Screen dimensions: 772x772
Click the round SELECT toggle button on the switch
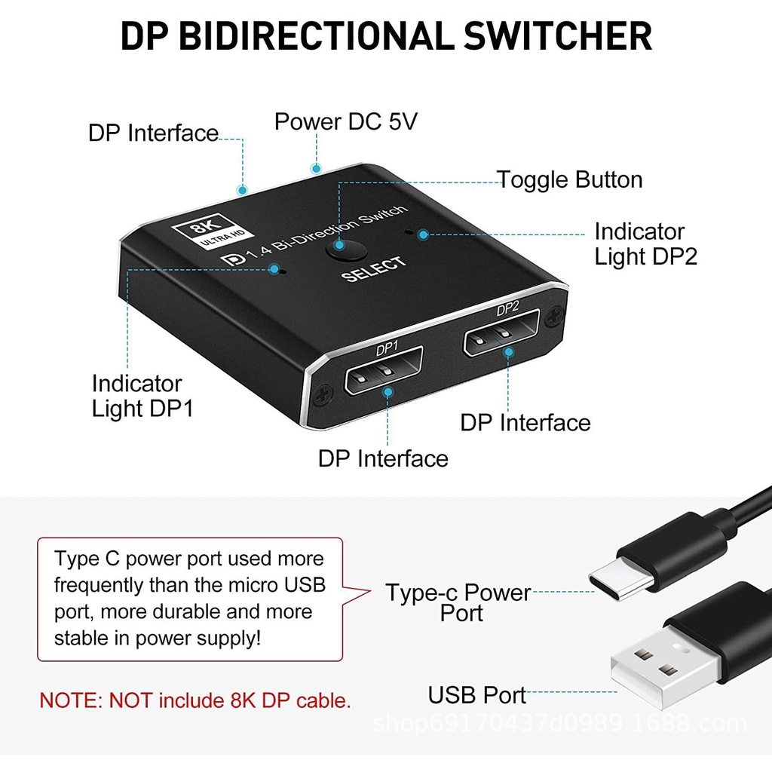click(343, 249)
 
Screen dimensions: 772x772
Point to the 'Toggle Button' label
click(570, 179)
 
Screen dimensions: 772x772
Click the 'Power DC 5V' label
click(345, 121)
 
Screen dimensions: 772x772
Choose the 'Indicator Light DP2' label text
click(645, 244)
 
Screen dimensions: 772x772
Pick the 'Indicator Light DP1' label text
click(142, 396)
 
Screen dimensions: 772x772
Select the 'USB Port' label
click(477, 694)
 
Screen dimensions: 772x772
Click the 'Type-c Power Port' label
click(458, 602)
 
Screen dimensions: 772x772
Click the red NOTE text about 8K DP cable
click(195, 700)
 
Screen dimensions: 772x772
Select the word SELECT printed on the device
click(374, 268)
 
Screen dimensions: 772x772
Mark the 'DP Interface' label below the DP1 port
click(383, 458)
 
